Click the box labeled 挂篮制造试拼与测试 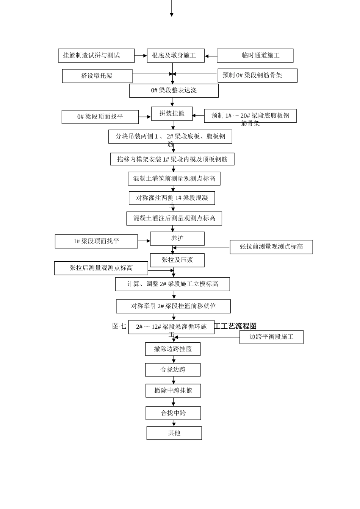(96, 56)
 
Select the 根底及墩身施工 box (175, 56)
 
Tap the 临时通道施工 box (255, 56)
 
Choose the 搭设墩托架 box (97, 76)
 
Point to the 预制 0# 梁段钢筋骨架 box (257, 75)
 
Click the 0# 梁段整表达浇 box (174, 91)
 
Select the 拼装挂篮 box (172, 114)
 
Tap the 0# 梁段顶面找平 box (100, 117)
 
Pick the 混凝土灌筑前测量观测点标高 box (174, 179)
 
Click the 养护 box (177, 239)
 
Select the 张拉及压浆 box (177, 260)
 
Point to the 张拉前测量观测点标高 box (271, 247)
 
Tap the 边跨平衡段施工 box (271, 337)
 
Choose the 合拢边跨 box (173, 370)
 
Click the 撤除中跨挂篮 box (173, 390)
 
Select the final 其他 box (174, 433)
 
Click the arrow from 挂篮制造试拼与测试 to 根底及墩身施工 (141, 56)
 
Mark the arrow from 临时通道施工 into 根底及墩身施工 (211, 56)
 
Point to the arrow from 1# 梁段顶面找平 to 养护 (144, 241)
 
